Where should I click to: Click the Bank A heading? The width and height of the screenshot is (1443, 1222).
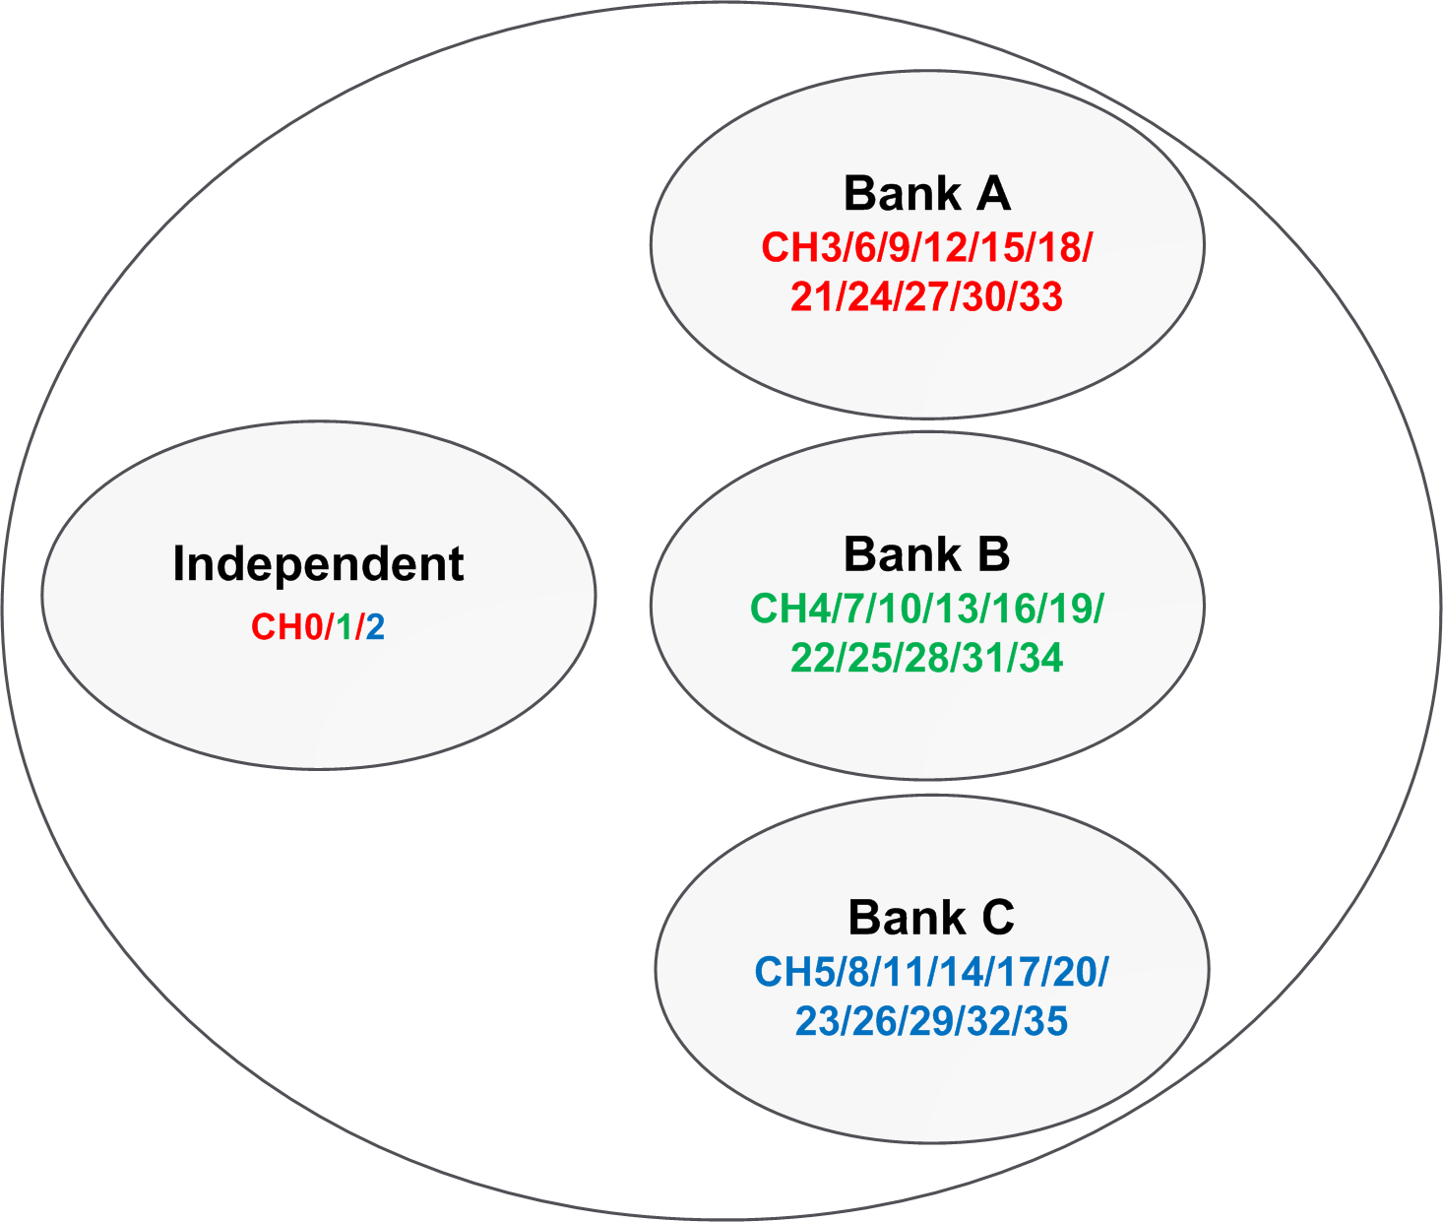pos(926,193)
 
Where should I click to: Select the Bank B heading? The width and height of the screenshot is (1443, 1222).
pos(926,554)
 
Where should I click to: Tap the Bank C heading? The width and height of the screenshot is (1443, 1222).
pos(931,918)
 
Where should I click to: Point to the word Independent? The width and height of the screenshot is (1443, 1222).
pos(318,564)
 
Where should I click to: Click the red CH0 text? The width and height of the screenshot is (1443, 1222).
pos(286,627)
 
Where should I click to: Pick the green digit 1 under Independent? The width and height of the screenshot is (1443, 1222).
pos(345,627)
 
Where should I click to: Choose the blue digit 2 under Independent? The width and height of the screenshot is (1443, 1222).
pos(375,627)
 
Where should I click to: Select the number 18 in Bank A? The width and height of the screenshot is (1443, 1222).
pos(1059,248)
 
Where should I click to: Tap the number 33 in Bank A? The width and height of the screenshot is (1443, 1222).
pos(1040,296)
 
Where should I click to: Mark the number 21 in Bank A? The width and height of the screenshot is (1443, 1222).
pos(813,296)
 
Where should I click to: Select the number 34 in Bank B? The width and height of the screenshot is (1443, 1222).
pos(1040,658)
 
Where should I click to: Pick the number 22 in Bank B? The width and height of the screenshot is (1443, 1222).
pos(813,658)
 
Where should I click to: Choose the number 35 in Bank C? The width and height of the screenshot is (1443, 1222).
pos(1045,1022)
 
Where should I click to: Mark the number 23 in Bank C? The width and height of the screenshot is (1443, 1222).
pos(818,1022)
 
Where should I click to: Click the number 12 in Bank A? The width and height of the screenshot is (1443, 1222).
pos(946,248)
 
